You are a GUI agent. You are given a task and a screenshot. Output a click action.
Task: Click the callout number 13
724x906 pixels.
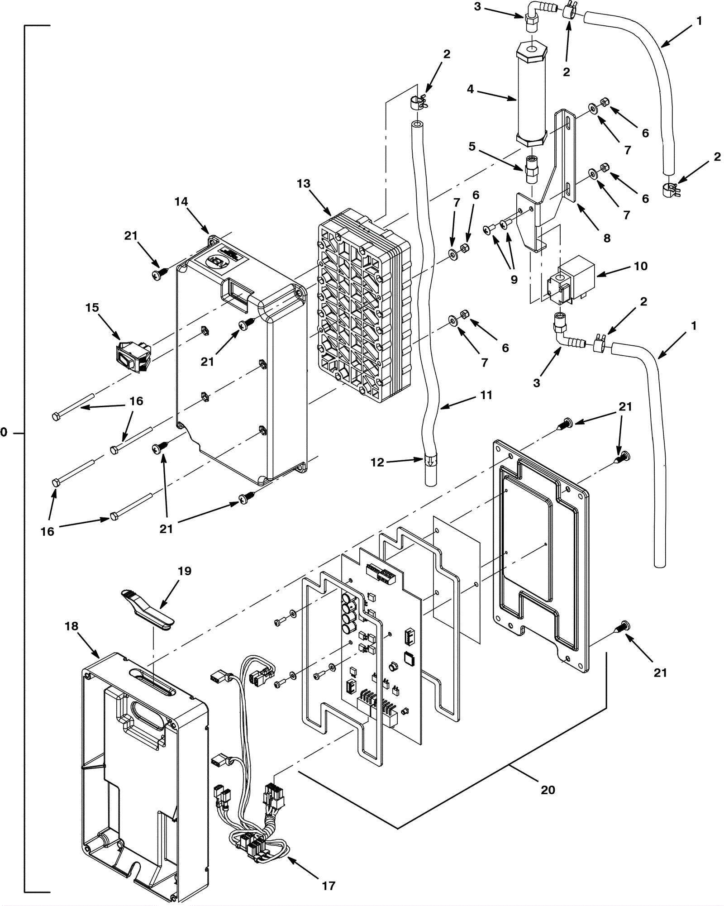(x=303, y=184)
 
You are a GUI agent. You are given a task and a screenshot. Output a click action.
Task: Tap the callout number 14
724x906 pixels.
(x=181, y=201)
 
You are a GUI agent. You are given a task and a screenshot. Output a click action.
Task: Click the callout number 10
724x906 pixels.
(x=640, y=266)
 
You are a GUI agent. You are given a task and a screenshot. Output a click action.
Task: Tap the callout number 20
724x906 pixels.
(x=548, y=790)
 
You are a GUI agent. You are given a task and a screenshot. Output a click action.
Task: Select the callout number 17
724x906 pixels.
(x=329, y=886)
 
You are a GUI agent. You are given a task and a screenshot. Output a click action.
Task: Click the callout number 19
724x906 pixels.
(x=185, y=571)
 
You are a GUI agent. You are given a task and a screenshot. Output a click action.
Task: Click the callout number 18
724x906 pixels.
(x=71, y=626)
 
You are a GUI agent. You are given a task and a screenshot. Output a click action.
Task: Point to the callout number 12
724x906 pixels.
(x=377, y=462)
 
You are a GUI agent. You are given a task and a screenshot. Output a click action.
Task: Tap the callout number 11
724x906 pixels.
(x=486, y=395)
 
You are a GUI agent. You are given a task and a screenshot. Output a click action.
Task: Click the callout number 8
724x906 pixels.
(x=607, y=238)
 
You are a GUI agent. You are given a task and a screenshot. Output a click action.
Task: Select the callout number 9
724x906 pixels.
(x=514, y=280)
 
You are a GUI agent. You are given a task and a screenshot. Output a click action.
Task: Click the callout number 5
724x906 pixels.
(x=472, y=147)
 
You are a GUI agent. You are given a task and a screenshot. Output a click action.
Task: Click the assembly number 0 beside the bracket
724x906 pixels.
(x=4, y=433)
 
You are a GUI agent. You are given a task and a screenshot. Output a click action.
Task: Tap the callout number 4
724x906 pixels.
(x=471, y=89)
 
